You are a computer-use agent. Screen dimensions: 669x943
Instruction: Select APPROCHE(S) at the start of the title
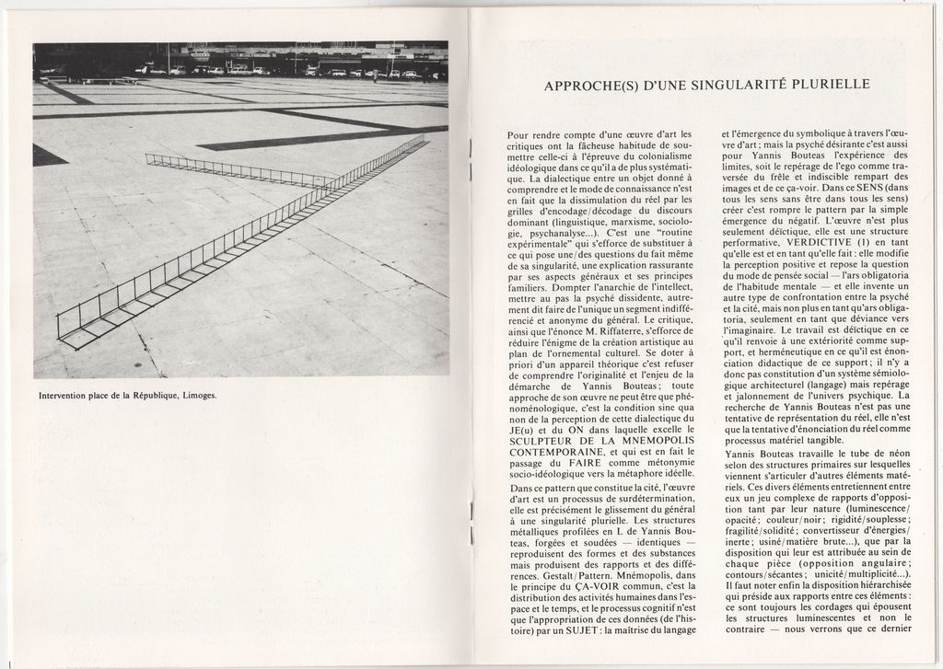(x=586, y=85)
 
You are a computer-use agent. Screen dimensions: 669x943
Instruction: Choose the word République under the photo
(x=153, y=396)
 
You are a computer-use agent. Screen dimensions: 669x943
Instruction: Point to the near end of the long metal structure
(x=61, y=334)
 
